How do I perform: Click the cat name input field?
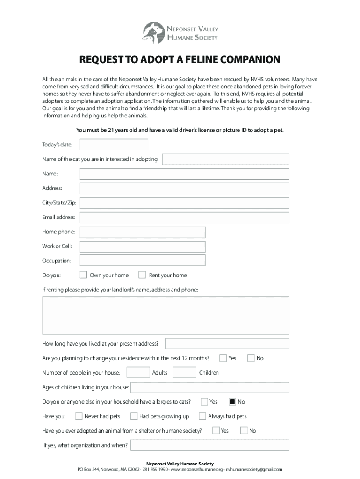point(225,160)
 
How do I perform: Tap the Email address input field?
point(184,218)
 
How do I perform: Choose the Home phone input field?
point(143,232)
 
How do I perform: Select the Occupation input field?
point(143,261)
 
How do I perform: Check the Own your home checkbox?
point(83,275)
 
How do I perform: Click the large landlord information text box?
point(166,315)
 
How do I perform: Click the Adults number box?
point(138,372)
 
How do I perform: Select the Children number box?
point(184,372)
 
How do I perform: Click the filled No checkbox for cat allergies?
point(232,401)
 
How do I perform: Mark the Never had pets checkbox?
point(79,416)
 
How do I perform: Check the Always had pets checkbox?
point(202,416)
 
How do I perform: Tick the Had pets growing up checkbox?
point(134,416)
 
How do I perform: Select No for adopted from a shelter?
point(243,430)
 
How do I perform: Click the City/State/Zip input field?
point(184,203)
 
